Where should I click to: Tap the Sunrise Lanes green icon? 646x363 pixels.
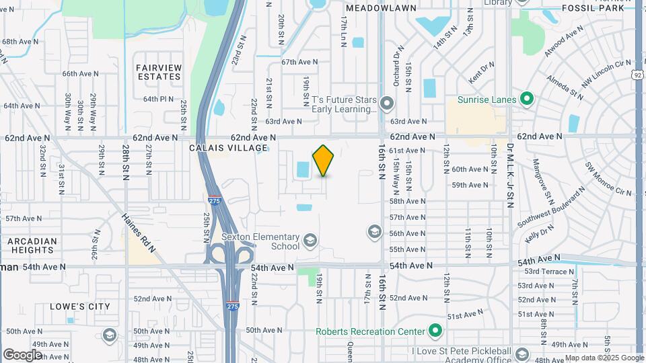coord(528,99)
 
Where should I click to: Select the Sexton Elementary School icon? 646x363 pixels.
coord(310,241)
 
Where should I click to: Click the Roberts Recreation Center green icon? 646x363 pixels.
coord(435,331)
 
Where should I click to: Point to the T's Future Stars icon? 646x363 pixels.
coord(386,104)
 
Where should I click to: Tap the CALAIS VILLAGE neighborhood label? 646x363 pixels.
coord(223,148)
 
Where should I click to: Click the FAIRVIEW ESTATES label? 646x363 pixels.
coord(158,72)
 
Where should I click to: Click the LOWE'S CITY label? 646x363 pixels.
coord(79,307)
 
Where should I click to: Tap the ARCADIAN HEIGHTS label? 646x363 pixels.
coord(32,245)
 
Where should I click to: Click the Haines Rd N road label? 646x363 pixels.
coord(139,233)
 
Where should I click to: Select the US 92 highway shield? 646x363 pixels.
coord(637,76)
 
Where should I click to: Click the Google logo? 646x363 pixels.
coord(22,354)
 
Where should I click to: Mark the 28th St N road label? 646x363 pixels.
coord(125,162)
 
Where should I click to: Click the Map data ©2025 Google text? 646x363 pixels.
coord(604,358)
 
